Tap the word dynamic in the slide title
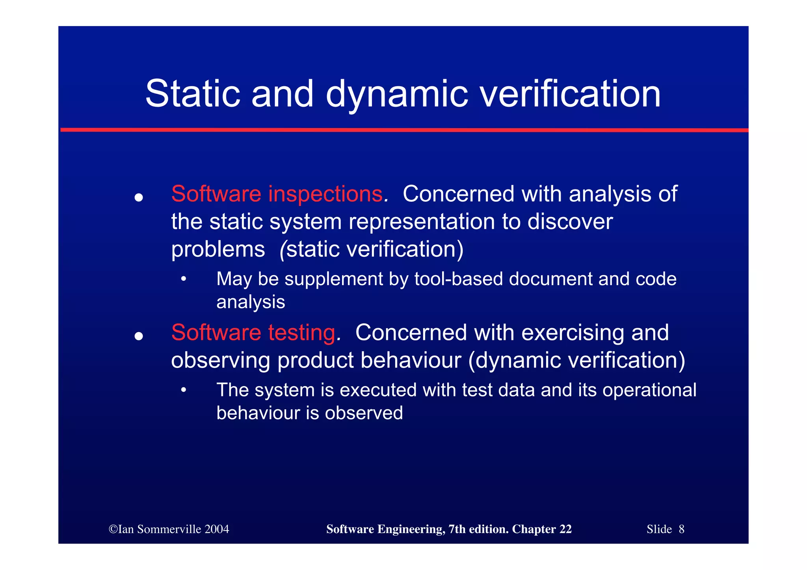397,95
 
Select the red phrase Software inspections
277,194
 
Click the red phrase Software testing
253,332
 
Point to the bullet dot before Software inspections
138,197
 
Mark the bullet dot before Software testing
138,336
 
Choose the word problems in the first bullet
218,249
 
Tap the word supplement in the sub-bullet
334,279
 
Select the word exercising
573,332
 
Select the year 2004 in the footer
217,529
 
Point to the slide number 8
681,529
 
